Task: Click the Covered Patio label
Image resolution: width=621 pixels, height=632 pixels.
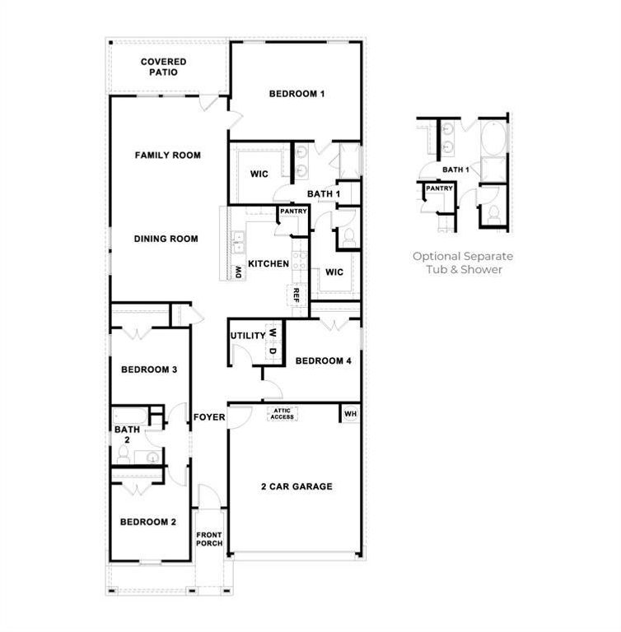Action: [163, 67]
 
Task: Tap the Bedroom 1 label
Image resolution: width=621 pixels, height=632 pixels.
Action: [296, 94]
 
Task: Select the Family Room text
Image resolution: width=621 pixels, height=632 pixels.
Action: [168, 155]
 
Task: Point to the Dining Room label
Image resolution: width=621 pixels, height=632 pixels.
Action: [166, 239]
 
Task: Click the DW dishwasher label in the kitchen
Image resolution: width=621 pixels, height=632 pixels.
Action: [238, 271]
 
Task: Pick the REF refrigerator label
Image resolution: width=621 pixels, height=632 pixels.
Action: [296, 295]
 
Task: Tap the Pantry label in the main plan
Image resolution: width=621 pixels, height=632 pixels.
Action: [293, 211]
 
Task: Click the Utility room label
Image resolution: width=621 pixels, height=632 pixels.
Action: [247, 336]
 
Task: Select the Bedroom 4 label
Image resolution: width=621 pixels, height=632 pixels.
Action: [323, 360]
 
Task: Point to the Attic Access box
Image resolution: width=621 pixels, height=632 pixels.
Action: [282, 415]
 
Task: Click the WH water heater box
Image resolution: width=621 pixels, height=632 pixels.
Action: [350, 413]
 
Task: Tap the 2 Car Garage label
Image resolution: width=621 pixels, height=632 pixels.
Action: [296, 486]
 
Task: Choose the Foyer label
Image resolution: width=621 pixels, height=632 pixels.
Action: [209, 417]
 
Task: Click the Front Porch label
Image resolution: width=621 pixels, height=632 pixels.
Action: [209, 540]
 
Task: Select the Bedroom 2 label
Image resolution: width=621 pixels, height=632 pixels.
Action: [148, 522]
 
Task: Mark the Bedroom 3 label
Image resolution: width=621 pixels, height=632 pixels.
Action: [149, 369]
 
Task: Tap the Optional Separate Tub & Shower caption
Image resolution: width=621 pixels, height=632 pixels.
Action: [462, 263]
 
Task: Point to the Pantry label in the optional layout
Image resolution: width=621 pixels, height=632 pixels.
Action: [439, 188]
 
